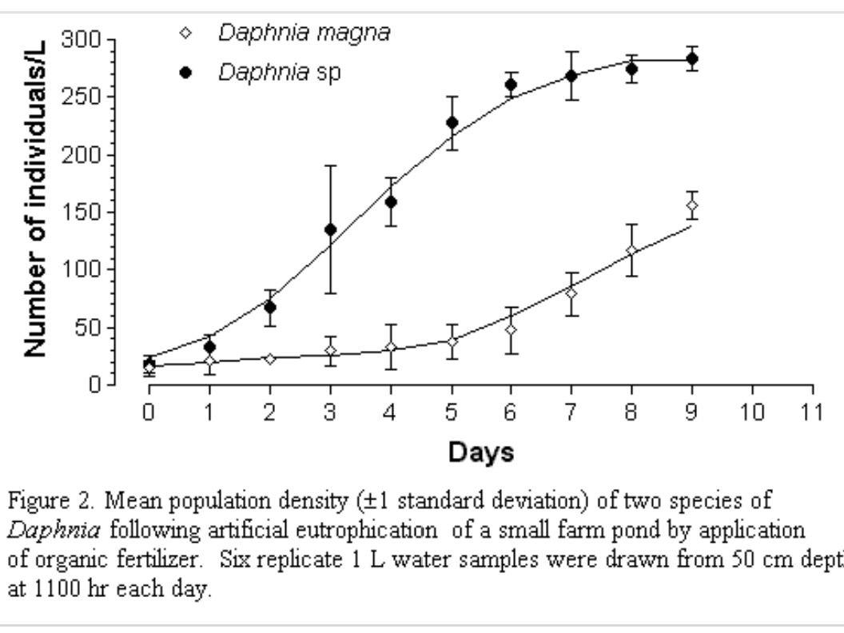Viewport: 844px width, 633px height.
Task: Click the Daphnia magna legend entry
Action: [x=305, y=34]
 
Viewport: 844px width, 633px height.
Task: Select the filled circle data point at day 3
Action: [x=330, y=229]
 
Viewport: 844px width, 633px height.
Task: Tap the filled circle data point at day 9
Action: [x=692, y=58]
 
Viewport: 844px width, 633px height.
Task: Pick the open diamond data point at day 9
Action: [x=692, y=205]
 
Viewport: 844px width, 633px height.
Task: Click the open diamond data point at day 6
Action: [x=511, y=328]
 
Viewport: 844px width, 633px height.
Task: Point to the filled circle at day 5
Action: [x=452, y=122]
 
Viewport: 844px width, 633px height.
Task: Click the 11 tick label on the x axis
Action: [x=812, y=412]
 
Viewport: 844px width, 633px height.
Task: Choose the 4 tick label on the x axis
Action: [x=390, y=412]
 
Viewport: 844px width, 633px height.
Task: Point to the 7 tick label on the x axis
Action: [x=571, y=412]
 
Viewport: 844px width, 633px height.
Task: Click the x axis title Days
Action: [x=480, y=453]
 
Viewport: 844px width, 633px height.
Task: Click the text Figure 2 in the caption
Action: [x=47, y=501]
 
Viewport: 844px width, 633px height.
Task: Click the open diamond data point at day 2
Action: [x=269, y=358]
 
